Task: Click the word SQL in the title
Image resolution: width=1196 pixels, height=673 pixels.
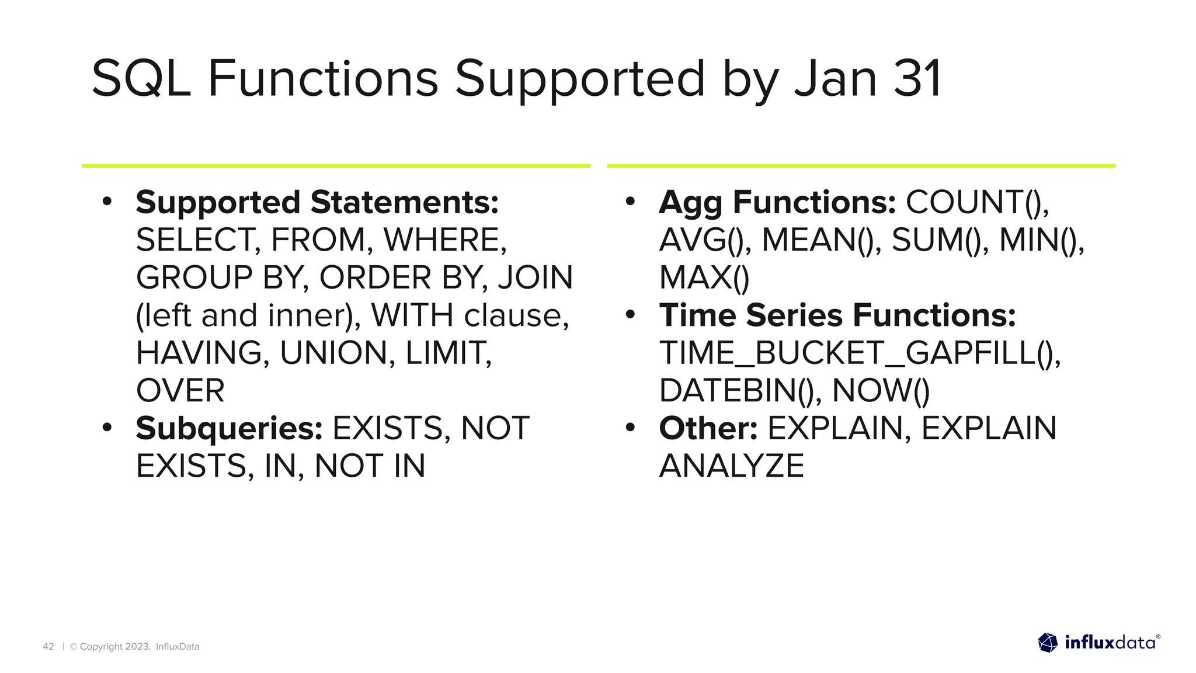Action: (141, 79)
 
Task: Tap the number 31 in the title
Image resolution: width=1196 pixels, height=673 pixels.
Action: (917, 79)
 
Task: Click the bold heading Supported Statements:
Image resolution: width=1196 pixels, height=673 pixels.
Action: (317, 202)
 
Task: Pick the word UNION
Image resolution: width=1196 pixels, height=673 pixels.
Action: (333, 353)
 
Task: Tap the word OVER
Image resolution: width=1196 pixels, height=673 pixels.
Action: (180, 390)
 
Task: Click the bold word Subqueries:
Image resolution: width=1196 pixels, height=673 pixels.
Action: (229, 428)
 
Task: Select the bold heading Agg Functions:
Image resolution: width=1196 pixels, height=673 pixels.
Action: (777, 202)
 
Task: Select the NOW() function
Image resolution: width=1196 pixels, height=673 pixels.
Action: (880, 390)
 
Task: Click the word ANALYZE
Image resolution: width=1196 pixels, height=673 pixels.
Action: (731, 466)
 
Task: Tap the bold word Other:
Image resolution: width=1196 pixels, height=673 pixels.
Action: (708, 428)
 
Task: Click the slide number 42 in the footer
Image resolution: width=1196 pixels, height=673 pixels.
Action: (48, 646)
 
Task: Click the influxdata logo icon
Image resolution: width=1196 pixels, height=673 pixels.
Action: (1048, 643)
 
